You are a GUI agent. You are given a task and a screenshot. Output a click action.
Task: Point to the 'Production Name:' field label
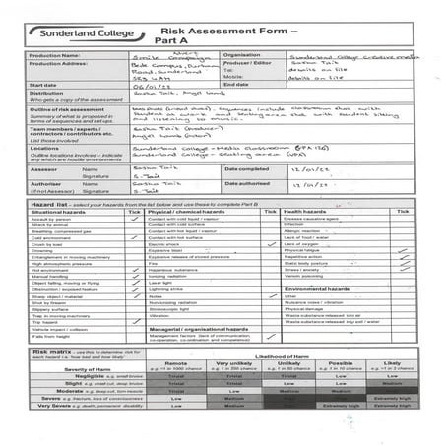tap(58, 56)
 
